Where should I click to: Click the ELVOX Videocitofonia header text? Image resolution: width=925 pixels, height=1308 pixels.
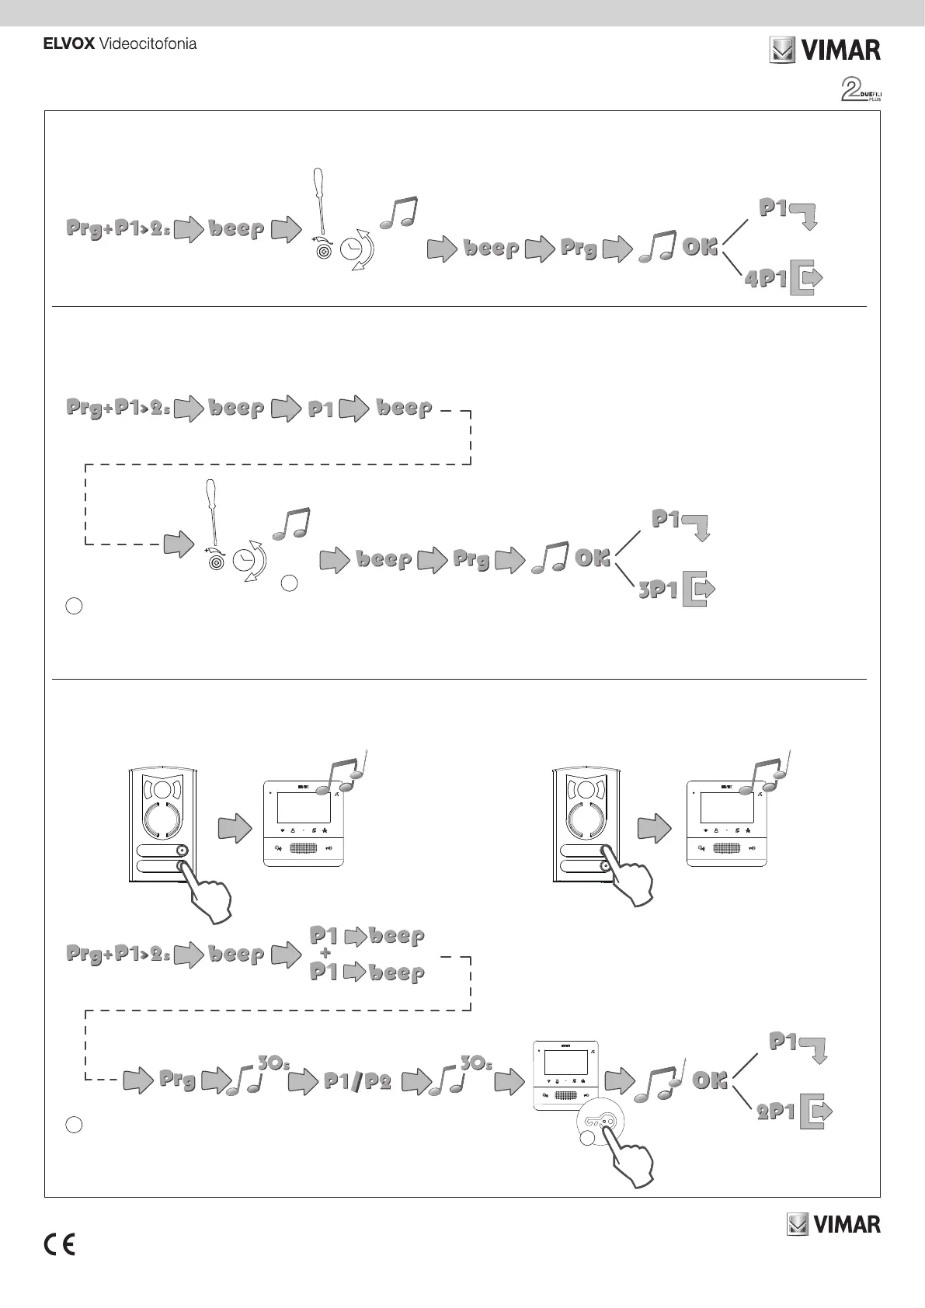(119, 44)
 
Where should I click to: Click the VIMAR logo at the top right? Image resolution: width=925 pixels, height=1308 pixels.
(825, 51)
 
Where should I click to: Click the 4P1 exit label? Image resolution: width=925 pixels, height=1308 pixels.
(766, 279)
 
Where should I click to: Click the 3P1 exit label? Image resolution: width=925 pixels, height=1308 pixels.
(659, 590)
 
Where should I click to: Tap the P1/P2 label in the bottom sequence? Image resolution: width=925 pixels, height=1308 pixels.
(356, 1081)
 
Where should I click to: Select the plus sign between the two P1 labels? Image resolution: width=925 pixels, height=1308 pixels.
(325, 952)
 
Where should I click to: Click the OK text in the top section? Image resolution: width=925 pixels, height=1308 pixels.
(699, 247)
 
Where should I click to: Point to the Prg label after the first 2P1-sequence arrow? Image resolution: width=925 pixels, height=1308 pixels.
(177, 1080)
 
